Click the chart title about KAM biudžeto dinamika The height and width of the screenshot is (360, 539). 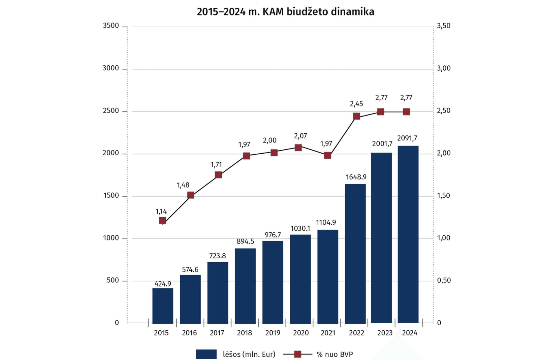pyautogui.click(x=285, y=12)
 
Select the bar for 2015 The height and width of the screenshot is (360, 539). pyautogui.click(x=163, y=306)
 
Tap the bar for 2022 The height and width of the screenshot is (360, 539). pyautogui.click(x=355, y=254)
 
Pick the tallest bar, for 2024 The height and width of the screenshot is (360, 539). pyautogui.click(x=408, y=234)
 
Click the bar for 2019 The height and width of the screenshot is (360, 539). pyautogui.click(x=273, y=282)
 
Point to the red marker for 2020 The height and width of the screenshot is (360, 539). pyautogui.click(x=298, y=148)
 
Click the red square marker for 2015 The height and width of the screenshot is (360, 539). pyautogui.click(x=163, y=220)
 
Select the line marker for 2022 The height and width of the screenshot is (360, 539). pyautogui.click(x=357, y=116)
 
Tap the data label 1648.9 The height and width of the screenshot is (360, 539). pyautogui.click(x=356, y=177)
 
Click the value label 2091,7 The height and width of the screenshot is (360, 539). pyautogui.click(x=407, y=138)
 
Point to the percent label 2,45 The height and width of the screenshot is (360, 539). pyautogui.click(x=356, y=104)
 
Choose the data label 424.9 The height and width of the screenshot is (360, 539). pyautogui.click(x=163, y=284)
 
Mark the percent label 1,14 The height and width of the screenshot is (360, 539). pyautogui.click(x=161, y=211)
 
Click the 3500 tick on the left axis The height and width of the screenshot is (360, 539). pyautogui.click(x=111, y=26)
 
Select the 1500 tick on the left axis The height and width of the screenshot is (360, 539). pyautogui.click(x=111, y=196)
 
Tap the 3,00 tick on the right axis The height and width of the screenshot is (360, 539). pyautogui.click(x=444, y=68)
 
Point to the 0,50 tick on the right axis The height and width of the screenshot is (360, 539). pyautogui.click(x=444, y=281)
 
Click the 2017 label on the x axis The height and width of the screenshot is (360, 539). pyautogui.click(x=217, y=333)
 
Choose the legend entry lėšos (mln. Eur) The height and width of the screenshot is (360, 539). pyautogui.click(x=235, y=354)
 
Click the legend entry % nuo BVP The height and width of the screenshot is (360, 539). pyautogui.click(x=318, y=354)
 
